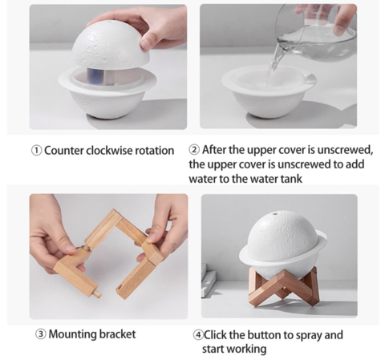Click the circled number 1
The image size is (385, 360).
coord(36,151)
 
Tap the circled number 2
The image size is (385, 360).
coord(194,150)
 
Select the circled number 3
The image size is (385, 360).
coord(41,334)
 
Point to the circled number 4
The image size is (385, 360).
coord(198,335)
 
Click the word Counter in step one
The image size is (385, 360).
coord(64,151)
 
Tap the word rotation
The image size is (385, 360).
coord(154,151)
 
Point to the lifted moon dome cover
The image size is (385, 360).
coord(111,45)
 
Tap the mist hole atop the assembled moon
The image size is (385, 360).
coord(275,213)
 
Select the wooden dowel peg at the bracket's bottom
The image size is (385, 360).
coord(96,293)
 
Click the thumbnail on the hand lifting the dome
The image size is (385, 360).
coord(147,43)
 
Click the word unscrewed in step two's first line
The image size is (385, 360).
coord(345,150)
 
